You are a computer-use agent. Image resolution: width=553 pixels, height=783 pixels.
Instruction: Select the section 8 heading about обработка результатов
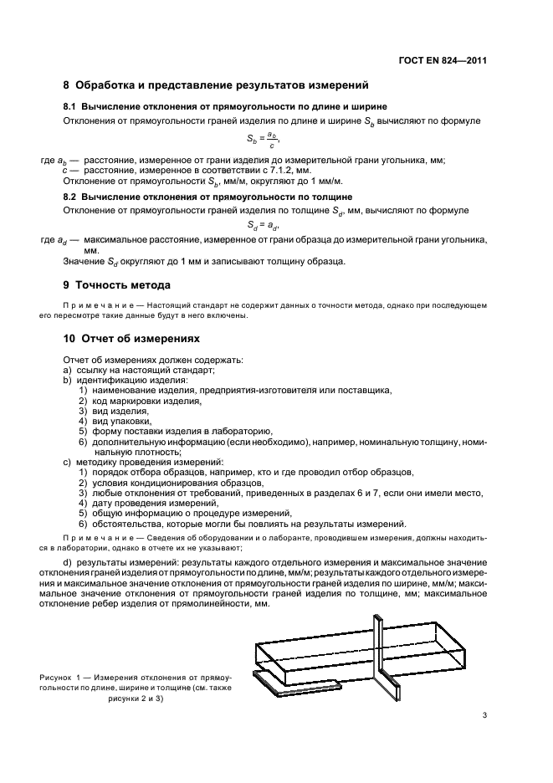click(216, 85)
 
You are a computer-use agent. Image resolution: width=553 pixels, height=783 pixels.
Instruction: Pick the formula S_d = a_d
click(263, 225)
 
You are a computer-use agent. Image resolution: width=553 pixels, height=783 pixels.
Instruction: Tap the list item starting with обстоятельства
click(248, 524)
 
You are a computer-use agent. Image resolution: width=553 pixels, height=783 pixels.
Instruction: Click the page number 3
click(484, 714)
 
